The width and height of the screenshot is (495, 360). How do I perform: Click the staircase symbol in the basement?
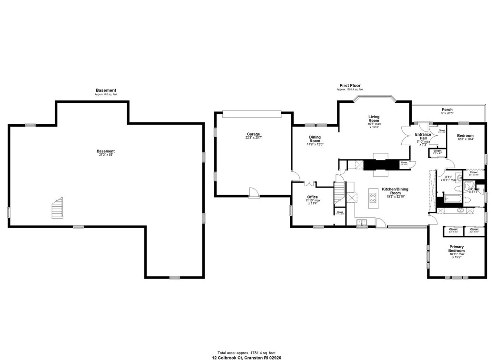57,209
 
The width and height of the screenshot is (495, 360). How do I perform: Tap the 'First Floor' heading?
350,86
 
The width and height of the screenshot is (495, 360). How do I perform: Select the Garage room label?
253,134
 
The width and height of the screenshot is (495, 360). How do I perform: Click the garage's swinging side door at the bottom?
254,191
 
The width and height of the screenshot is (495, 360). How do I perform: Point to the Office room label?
312,197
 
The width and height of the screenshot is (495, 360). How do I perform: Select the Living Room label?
374,119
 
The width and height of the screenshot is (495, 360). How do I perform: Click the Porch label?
447,110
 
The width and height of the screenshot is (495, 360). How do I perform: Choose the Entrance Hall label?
423,136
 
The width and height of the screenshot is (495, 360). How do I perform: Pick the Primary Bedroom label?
456,249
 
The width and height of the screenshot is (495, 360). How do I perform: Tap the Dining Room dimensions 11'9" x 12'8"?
315,144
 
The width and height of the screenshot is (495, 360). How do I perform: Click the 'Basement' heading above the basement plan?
106,90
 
